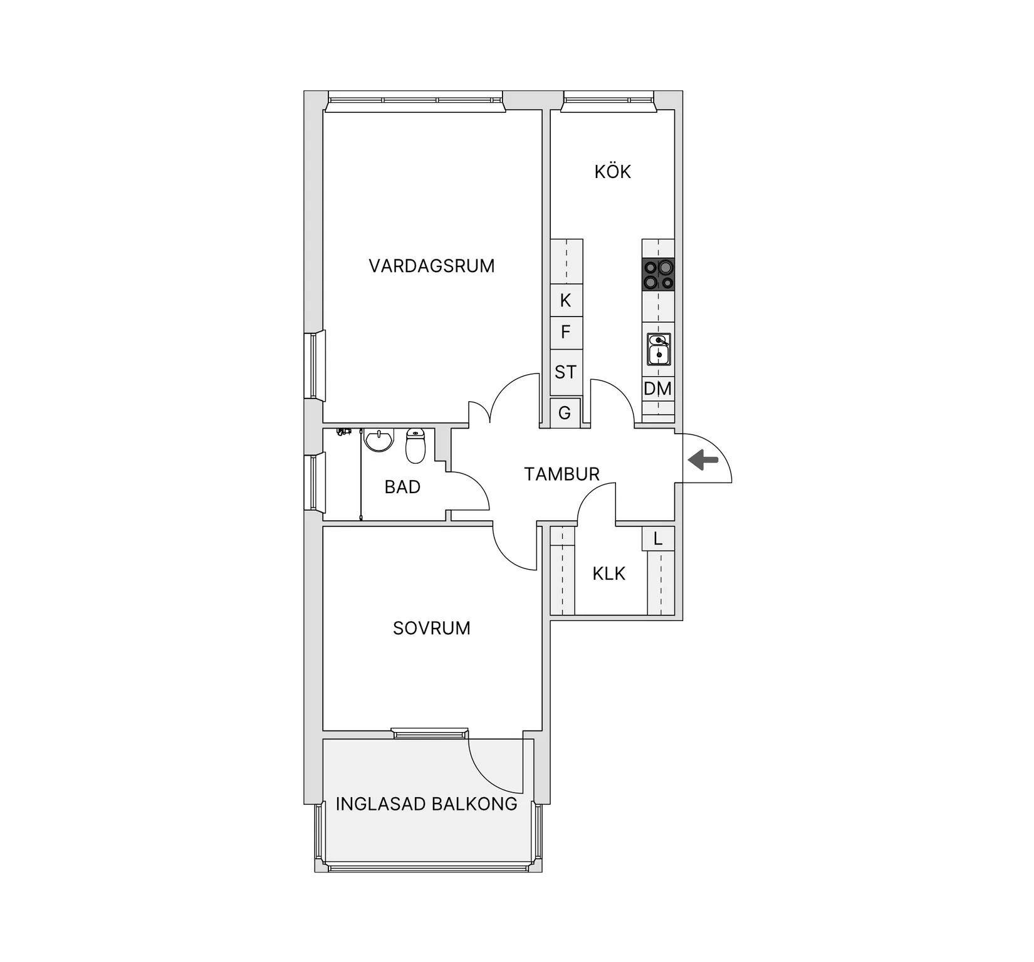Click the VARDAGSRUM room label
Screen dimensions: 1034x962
coord(432,266)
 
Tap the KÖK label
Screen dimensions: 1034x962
coord(613,172)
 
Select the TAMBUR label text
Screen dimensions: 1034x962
coord(562,474)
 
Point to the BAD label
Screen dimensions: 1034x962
coord(402,487)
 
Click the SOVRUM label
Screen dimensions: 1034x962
coord(432,628)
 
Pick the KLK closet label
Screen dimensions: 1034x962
coord(609,573)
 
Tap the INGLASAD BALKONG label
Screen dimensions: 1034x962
coord(427,804)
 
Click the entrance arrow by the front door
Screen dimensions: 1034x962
coord(703,461)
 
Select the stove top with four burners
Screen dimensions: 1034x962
coord(658,274)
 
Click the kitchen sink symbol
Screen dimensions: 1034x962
coord(659,349)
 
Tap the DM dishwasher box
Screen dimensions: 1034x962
coord(658,389)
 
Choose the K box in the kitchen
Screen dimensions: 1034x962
coord(566,300)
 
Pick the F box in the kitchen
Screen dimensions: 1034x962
coord(566,332)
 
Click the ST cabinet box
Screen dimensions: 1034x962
coord(566,372)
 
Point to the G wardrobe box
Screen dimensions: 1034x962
coord(565,413)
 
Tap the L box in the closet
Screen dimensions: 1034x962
coord(658,538)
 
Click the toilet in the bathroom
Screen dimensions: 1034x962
coord(415,446)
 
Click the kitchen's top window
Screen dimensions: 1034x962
coord(608,101)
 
